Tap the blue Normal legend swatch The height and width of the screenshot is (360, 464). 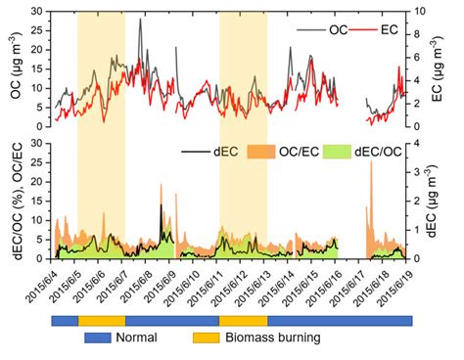click(x=98, y=339)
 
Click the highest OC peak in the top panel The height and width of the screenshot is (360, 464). click(x=140, y=20)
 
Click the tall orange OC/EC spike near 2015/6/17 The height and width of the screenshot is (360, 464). click(x=371, y=163)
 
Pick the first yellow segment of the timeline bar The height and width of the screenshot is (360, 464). click(x=102, y=320)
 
